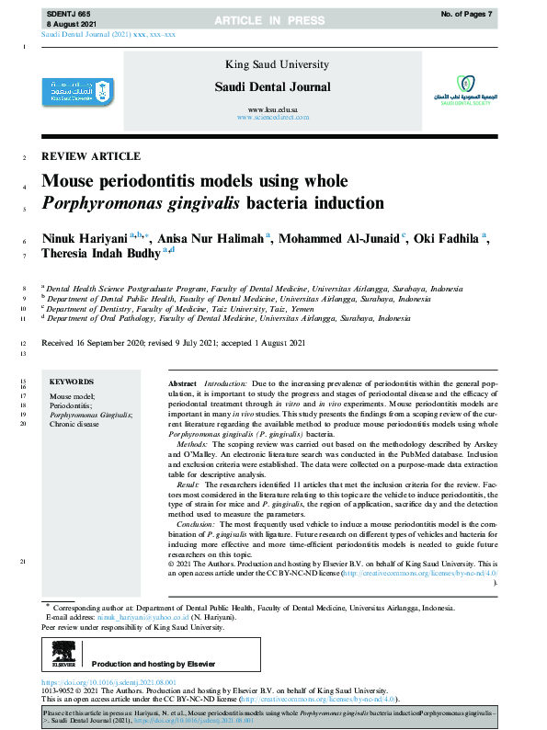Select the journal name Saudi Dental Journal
coord(273,86)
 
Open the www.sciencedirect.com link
coord(273,119)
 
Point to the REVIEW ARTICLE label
coord(91,156)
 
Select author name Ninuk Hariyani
coord(85,237)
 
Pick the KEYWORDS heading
coord(72,381)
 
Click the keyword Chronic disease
coord(74,425)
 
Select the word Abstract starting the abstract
coord(182,382)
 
